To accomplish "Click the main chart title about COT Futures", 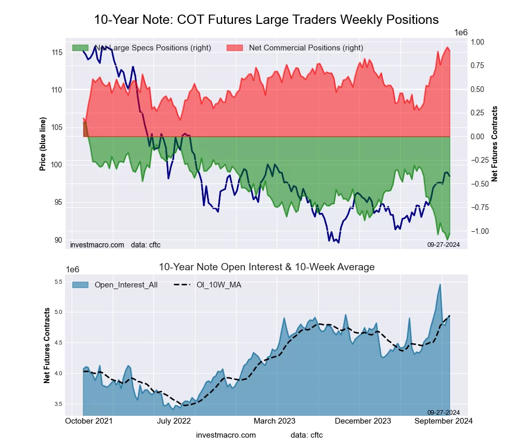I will (x=266, y=20).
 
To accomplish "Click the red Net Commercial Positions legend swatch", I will (x=235, y=48).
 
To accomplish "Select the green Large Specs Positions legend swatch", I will (x=80, y=48).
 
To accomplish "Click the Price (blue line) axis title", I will (x=43, y=144).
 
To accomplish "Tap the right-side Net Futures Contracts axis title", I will (x=495, y=144).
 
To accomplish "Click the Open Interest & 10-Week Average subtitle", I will (x=266, y=267).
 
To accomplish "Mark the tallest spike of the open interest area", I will (x=440, y=285).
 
